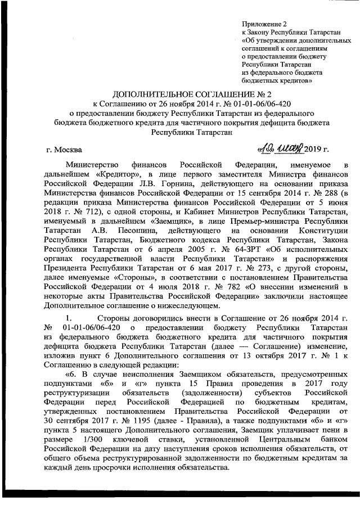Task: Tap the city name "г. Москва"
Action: [63, 150]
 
